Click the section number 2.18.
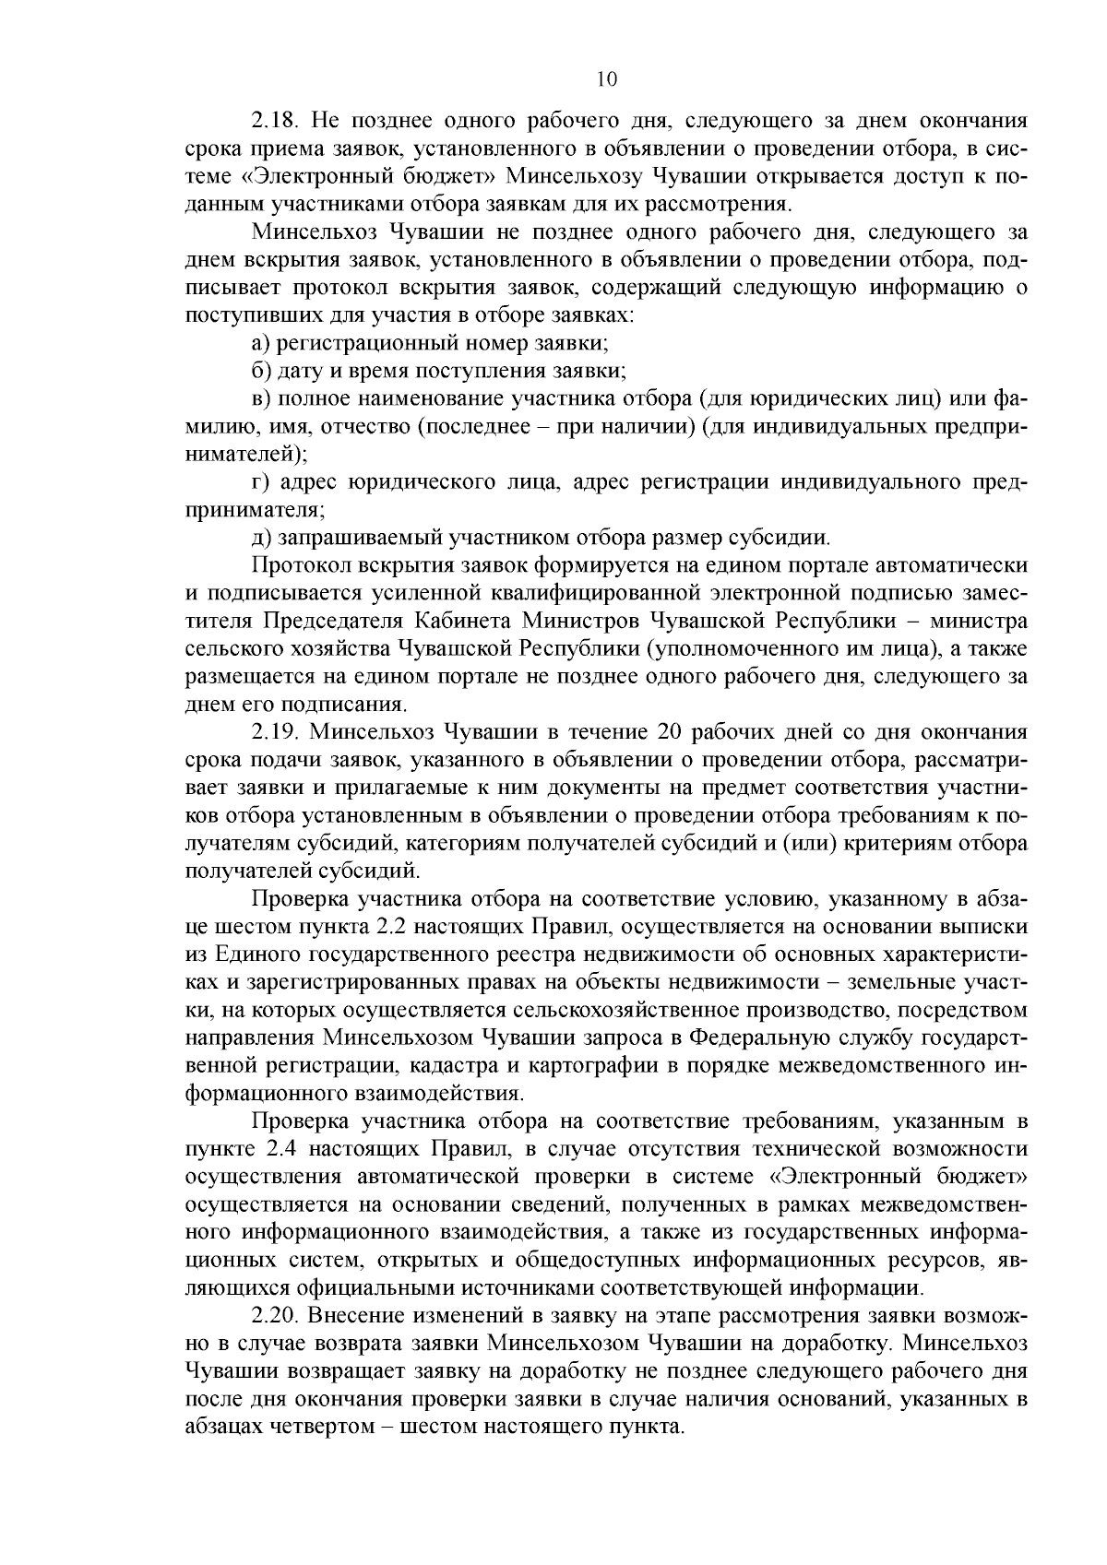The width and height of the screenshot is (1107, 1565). click(274, 121)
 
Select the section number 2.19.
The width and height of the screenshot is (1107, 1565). click(274, 732)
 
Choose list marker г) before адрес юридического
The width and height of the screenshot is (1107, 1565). click(260, 482)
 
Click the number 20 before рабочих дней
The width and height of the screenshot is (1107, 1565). click(672, 732)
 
